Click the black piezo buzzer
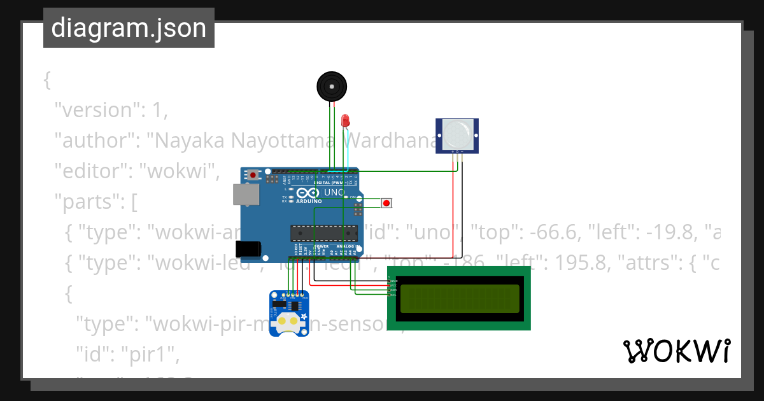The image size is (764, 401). point(331,86)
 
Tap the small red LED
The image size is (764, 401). point(346,120)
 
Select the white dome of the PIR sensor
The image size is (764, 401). point(457,134)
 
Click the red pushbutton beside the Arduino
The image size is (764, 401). point(386,203)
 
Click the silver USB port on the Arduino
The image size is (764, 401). point(245,195)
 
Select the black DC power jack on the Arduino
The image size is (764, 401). point(248,249)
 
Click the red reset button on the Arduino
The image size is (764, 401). point(253,174)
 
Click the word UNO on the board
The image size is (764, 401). point(335,192)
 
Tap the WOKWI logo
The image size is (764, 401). point(676,351)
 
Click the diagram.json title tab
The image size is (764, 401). point(129,28)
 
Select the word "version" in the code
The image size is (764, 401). point(97,110)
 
